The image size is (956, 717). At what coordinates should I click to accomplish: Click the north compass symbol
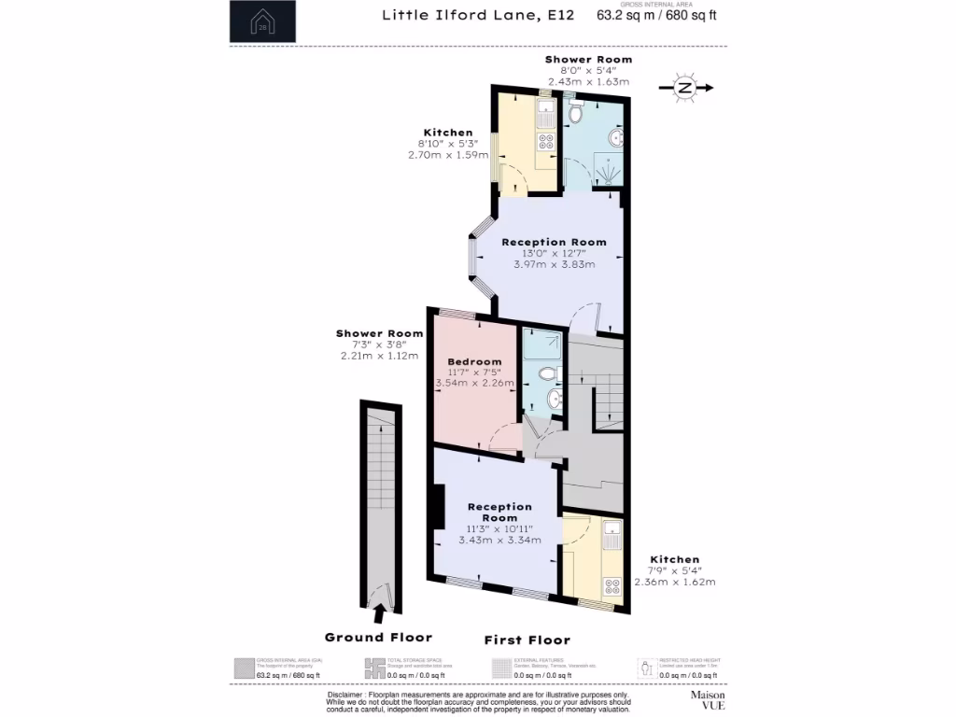coord(685,89)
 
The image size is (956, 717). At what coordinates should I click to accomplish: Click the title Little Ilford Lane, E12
coord(478,15)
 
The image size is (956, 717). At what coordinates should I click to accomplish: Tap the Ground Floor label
coord(378,637)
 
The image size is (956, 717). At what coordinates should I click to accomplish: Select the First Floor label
coord(527,640)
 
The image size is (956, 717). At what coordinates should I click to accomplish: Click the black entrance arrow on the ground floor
coord(380,613)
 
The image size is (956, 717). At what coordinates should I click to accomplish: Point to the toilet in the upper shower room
coord(577,115)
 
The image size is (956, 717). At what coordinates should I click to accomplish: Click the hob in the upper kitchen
coord(545,143)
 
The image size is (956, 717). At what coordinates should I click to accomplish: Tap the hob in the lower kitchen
coord(612,586)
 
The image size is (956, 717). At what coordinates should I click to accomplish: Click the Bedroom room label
coord(474,361)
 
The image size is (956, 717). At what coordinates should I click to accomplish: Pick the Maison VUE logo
coord(708,700)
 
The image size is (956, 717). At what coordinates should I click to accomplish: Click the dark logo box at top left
coord(262,21)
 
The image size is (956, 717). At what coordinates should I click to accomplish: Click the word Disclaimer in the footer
coord(346,696)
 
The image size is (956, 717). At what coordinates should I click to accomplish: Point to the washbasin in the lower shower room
coord(553,401)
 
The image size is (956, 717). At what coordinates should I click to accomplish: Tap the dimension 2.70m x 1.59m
coord(448,155)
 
